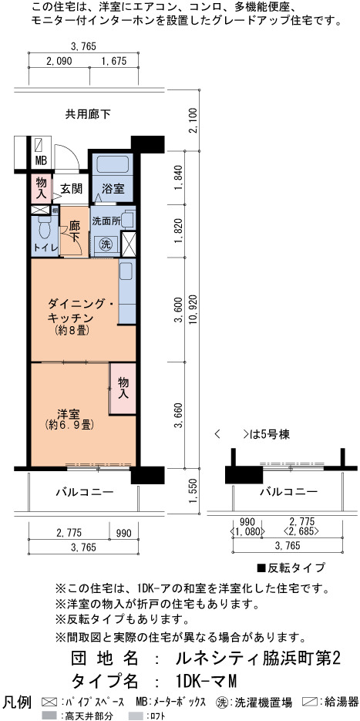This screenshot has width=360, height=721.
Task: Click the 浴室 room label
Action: tap(111, 189)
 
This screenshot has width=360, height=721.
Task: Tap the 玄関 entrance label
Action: tap(71, 188)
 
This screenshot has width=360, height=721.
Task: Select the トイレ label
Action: tap(45, 248)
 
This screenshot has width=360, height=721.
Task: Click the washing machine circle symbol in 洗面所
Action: tap(106, 244)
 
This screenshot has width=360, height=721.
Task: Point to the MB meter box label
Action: tap(41, 162)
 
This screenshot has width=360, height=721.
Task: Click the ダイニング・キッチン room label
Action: tap(76, 311)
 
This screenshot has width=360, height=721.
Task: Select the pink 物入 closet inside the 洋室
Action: tap(123, 388)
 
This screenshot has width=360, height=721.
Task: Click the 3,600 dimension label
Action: tap(179, 309)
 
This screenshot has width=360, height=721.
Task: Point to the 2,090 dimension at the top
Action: tap(59, 61)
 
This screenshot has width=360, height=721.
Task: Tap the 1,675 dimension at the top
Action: tap(113, 61)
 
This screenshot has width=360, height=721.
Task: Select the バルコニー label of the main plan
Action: tap(85, 493)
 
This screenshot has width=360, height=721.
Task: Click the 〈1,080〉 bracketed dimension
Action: tap(248, 531)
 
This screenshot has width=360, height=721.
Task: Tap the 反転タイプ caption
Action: tap(291, 567)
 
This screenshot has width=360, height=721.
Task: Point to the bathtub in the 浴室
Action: tap(112, 163)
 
